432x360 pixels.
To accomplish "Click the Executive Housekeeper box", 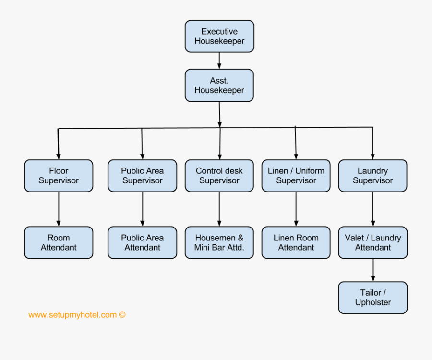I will pyautogui.click(x=219, y=36).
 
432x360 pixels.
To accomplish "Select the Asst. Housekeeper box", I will pyautogui.click(x=219, y=85).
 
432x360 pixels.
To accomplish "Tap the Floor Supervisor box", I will pyautogui.click(x=59, y=176).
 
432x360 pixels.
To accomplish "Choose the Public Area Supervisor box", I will pyautogui.click(x=142, y=176).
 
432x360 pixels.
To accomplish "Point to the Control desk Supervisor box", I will pyautogui.click(x=219, y=176).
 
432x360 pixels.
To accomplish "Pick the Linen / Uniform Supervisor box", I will pyautogui.click(x=296, y=176).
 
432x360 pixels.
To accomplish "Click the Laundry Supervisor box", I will pyautogui.click(x=373, y=176).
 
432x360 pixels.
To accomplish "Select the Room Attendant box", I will pyautogui.click(x=59, y=242).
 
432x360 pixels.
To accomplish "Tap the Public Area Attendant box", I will pyautogui.click(x=142, y=242).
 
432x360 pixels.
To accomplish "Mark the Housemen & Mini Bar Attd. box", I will pyautogui.click(x=219, y=242).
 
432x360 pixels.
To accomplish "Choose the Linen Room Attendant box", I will pyautogui.click(x=296, y=242).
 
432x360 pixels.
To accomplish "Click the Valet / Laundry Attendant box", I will pyautogui.click(x=373, y=242).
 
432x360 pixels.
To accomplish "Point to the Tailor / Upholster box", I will pyautogui.click(x=373, y=298).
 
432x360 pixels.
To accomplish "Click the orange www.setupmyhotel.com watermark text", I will pyautogui.click(x=72, y=315).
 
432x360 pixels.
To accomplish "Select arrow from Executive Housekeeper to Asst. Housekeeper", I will pyautogui.click(x=219, y=60).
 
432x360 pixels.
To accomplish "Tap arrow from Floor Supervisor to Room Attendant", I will pyautogui.click(x=59, y=209).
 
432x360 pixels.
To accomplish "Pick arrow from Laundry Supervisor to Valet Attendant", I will pyautogui.click(x=373, y=209).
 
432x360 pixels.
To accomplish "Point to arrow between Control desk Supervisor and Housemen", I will pyautogui.click(x=219, y=209).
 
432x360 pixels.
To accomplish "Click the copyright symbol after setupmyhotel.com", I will pyautogui.click(x=122, y=315).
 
